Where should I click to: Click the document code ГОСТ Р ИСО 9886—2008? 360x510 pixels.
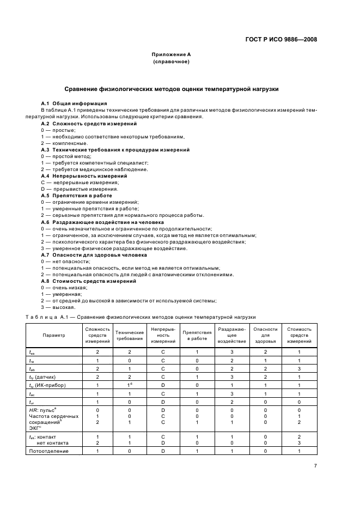click(x=282, y=39)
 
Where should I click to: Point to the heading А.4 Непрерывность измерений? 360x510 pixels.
click(x=84, y=176)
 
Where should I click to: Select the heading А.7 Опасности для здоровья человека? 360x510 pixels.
click(x=94, y=255)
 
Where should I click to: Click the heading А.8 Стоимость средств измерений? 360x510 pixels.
click(x=88, y=281)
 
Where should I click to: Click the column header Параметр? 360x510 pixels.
click(x=54, y=335)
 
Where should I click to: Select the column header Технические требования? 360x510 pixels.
click(x=130, y=335)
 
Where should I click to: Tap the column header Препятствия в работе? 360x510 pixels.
click(x=197, y=335)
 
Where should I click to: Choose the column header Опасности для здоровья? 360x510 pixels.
click(x=265, y=335)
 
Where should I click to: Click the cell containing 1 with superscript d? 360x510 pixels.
click(x=130, y=385)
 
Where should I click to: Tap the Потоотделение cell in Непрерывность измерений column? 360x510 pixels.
click(x=163, y=451)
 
